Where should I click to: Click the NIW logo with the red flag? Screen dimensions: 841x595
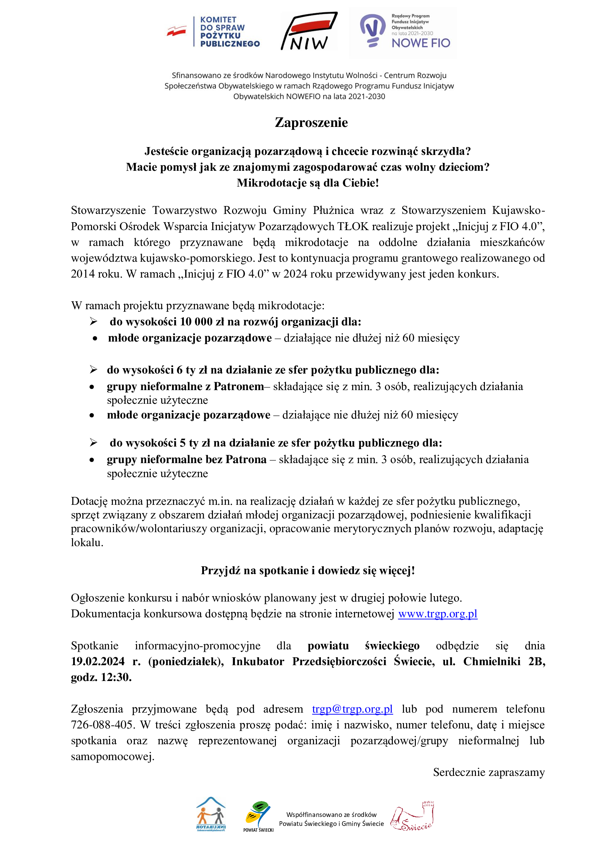tap(310, 32)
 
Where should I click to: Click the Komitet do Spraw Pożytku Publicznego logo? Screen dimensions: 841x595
tap(213, 32)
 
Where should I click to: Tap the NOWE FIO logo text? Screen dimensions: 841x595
tap(420, 43)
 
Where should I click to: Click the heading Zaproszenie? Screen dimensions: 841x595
tap(311, 122)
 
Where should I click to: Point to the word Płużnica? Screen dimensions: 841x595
tap(333, 210)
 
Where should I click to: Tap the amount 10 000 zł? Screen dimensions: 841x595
tap(201, 321)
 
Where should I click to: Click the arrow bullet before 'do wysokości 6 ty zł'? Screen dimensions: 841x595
tap(94, 370)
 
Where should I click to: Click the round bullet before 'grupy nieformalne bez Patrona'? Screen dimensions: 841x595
tap(92, 460)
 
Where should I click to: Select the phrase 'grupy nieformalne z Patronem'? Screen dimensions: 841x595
tap(185, 387)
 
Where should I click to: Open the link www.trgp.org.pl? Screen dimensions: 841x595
tap(437, 613)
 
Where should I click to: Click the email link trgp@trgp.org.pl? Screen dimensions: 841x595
tap(352, 709)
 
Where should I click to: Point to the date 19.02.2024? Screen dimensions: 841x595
tap(97, 661)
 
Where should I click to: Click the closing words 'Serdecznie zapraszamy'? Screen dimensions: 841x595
tap(489, 772)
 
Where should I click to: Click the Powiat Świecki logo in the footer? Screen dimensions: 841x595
tap(258, 816)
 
